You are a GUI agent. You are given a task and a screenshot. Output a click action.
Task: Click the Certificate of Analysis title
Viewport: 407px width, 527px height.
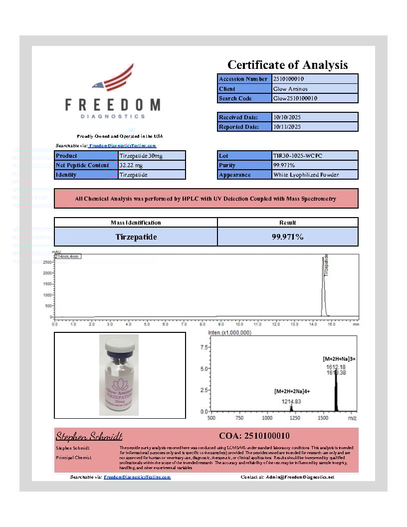287,65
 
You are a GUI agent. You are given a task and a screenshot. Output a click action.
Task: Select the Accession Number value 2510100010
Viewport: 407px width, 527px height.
289,79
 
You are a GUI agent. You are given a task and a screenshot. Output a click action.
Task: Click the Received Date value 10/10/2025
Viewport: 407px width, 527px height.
287,117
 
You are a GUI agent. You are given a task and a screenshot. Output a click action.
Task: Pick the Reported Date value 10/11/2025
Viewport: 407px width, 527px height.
287,127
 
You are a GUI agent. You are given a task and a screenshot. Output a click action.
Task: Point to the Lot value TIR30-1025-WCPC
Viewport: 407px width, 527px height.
298,156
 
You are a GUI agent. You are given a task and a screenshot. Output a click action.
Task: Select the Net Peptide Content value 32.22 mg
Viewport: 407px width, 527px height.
131,165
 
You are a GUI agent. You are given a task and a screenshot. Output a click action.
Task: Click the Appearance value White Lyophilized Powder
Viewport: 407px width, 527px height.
306,175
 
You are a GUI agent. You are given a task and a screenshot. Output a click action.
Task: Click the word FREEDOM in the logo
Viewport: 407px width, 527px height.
113,105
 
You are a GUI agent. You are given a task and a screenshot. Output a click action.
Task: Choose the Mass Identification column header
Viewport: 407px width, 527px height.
136,223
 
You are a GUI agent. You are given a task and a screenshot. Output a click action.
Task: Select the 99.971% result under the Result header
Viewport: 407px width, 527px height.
287,237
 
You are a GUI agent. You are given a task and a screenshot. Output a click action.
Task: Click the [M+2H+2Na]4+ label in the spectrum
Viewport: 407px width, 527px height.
292,392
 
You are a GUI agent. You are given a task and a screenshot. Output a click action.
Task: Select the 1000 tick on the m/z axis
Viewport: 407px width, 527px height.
267,418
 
